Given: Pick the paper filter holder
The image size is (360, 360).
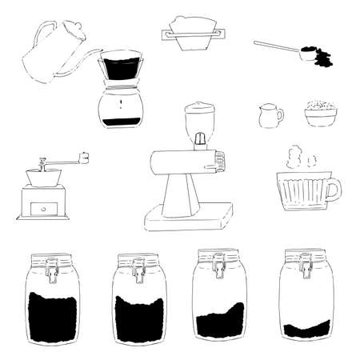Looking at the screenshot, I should (192, 34).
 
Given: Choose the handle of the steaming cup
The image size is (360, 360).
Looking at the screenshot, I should (333, 190).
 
